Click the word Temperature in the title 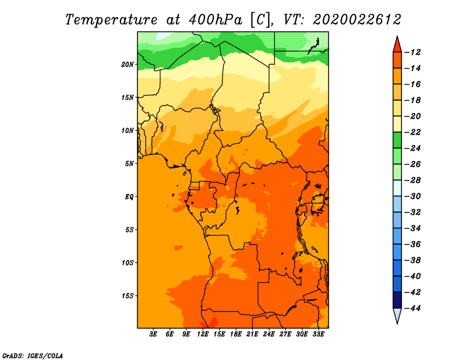pos(111,20)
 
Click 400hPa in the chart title pos(216,20)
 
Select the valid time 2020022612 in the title pos(357,20)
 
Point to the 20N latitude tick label pos(128,65)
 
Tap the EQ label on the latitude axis pos(129,197)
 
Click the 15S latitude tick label pos(128,296)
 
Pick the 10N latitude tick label pos(128,130)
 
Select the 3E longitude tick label pos(153,334)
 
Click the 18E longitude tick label pos(236,334)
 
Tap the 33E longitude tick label pos(318,334)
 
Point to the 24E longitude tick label pos(269,334)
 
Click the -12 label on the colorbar pos(412,52)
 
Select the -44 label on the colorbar pos(412,308)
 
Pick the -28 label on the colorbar pos(412,180)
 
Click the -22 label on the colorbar pos(412,132)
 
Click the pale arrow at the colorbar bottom pos(397,315)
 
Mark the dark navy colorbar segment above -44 pos(397,300)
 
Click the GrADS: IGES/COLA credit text pos(33,355)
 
